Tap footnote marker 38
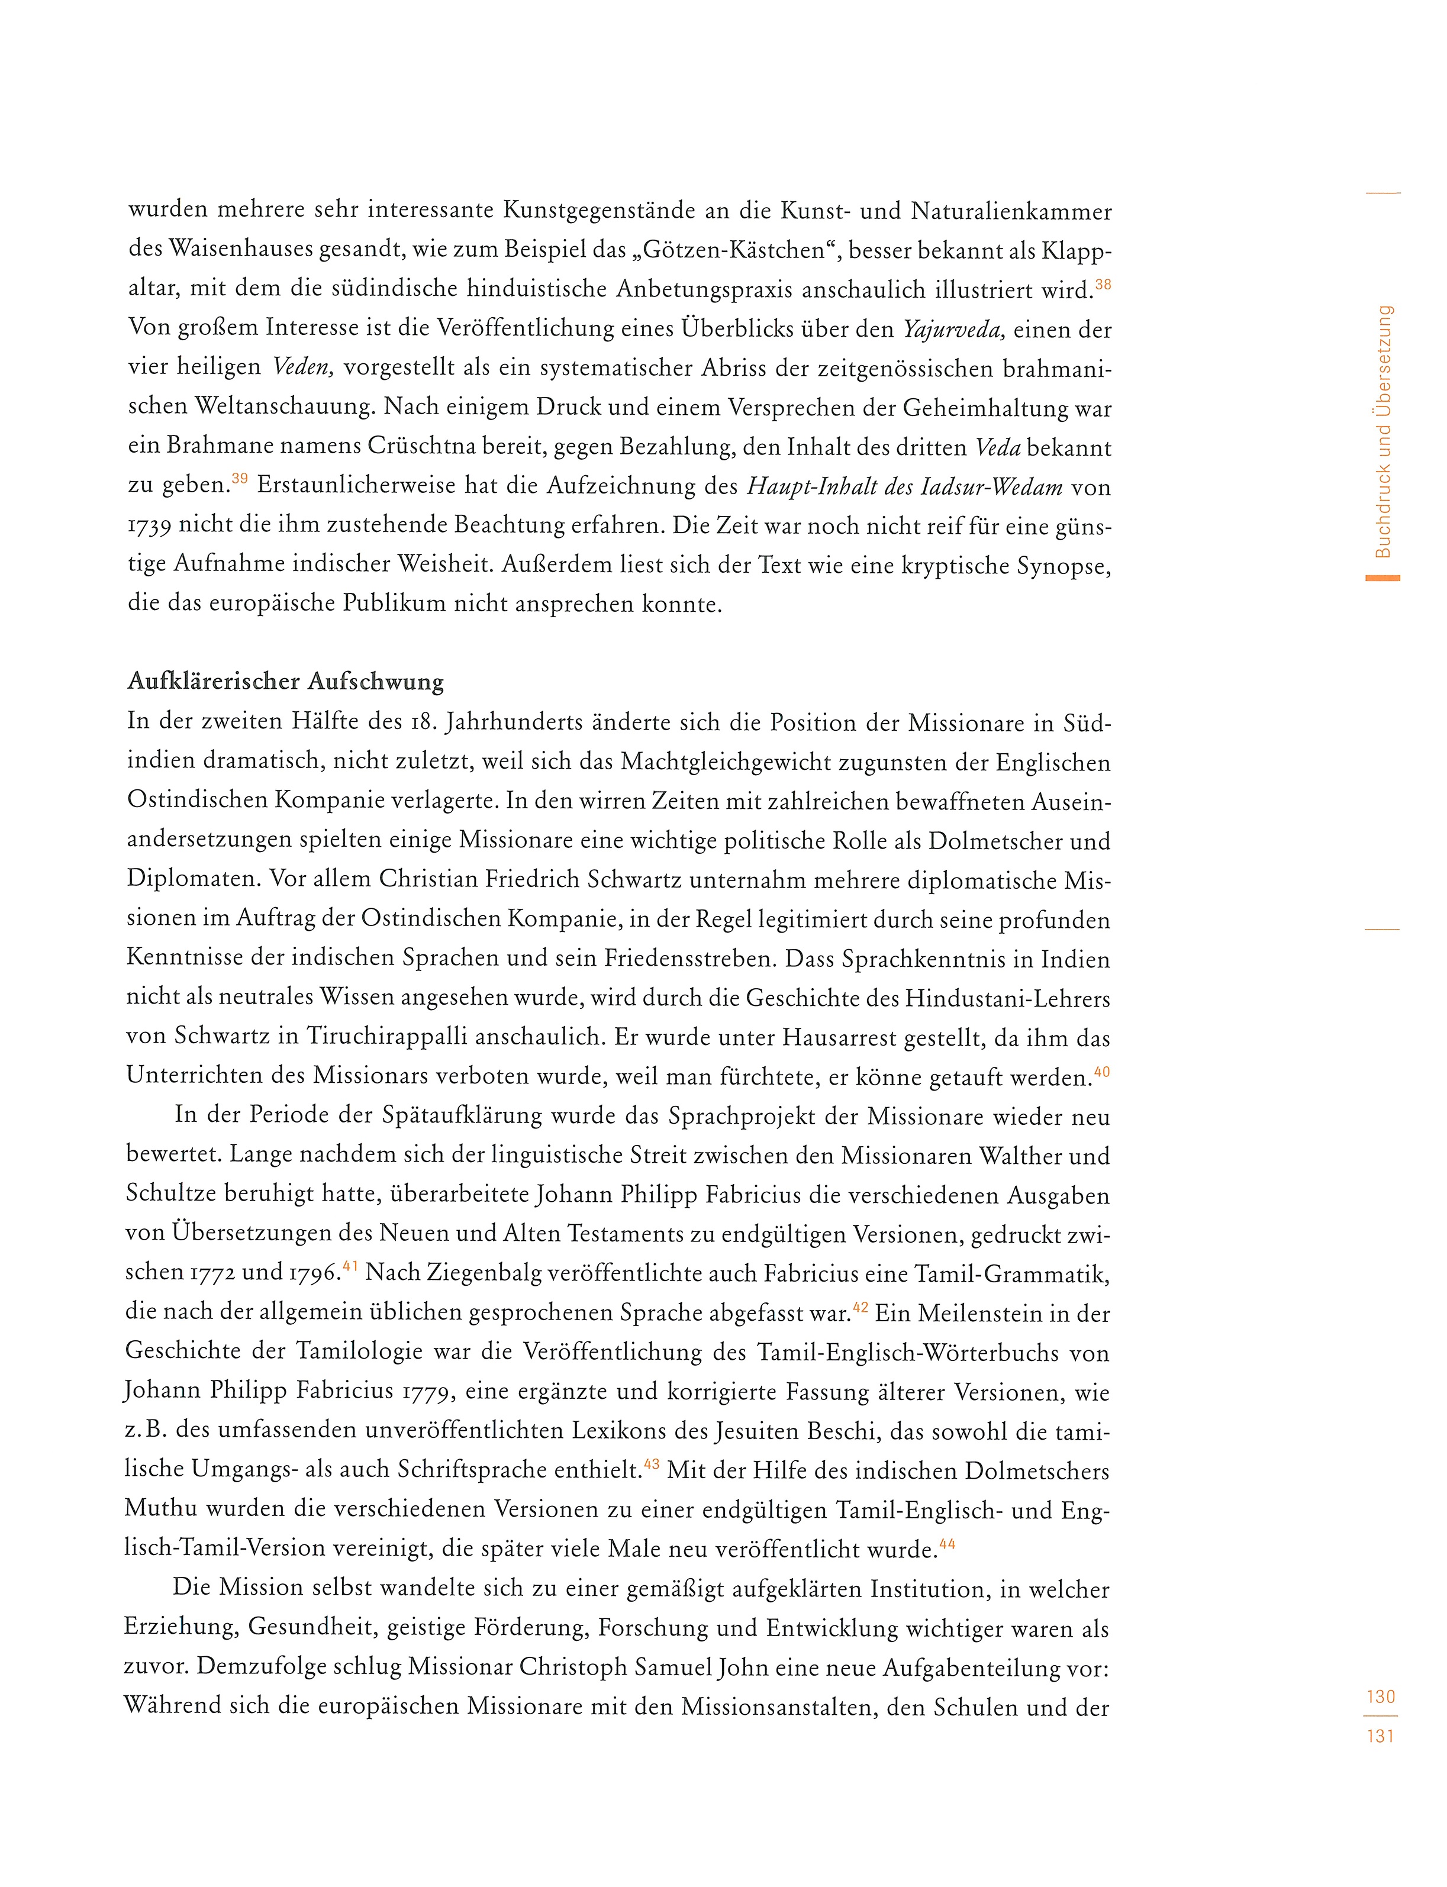(x=1103, y=284)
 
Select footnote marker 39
(x=240, y=479)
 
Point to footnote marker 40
(x=1101, y=1072)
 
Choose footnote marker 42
(x=861, y=1307)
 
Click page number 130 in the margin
(x=1381, y=1696)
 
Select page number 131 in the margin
(x=1381, y=1736)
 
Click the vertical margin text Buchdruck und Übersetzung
(x=1383, y=431)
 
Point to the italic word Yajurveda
(x=953, y=330)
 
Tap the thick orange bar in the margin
(x=1382, y=578)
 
